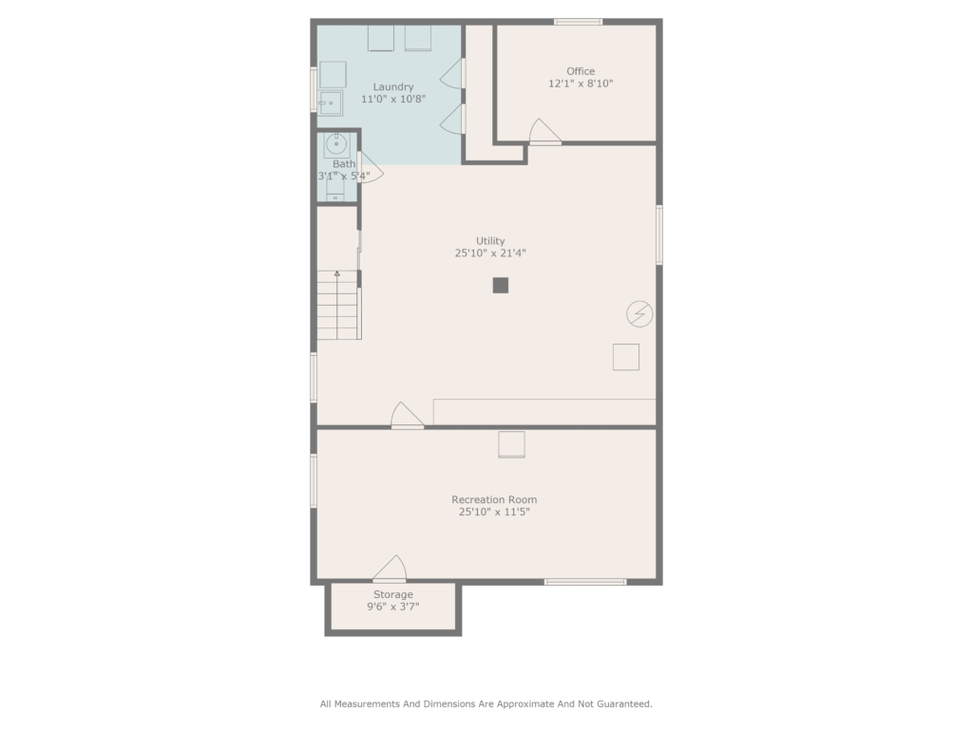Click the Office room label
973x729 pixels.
coord(581,71)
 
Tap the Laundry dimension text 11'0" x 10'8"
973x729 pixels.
coord(393,99)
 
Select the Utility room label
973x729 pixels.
coord(490,241)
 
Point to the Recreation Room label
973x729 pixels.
coord(494,499)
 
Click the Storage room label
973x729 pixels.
coord(392,594)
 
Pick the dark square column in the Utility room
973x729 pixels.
coord(501,285)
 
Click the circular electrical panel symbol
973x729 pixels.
coord(639,313)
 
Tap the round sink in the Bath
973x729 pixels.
coord(336,144)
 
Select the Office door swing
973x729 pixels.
coord(544,131)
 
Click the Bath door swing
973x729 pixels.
coord(372,167)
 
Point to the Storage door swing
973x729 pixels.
coord(390,569)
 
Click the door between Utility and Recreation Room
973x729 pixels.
coord(407,415)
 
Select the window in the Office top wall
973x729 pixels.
coord(579,23)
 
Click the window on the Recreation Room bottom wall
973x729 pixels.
coord(585,582)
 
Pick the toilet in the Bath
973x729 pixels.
coord(335,188)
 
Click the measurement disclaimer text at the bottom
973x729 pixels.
coord(486,704)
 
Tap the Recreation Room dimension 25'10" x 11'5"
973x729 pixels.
coord(494,512)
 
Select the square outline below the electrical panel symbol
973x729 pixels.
coord(626,357)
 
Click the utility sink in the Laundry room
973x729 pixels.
coord(330,103)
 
